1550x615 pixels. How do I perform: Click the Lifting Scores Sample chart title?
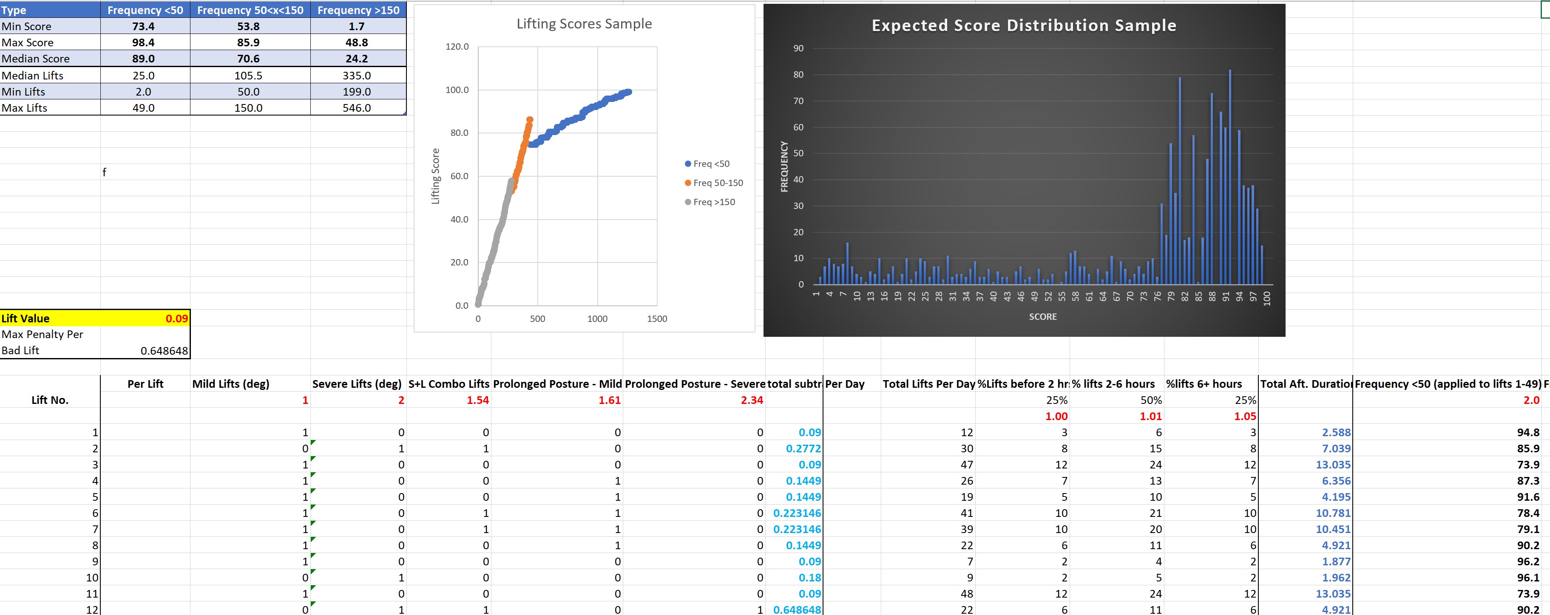point(584,24)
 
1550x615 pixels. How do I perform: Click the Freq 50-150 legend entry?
point(717,183)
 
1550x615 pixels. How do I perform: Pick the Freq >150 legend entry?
point(714,202)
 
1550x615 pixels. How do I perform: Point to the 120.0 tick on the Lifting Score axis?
point(457,46)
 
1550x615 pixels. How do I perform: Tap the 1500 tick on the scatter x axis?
point(656,319)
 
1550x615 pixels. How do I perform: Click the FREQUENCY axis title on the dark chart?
point(784,166)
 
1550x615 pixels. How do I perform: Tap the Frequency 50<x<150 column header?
point(250,10)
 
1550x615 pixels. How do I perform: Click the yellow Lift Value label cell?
point(26,319)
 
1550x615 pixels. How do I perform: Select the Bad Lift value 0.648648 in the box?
point(164,350)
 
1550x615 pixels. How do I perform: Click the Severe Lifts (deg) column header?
point(356,384)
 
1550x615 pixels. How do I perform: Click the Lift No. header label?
point(49,400)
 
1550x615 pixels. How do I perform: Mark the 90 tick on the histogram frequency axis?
point(798,48)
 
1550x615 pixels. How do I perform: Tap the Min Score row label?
point(26,26)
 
